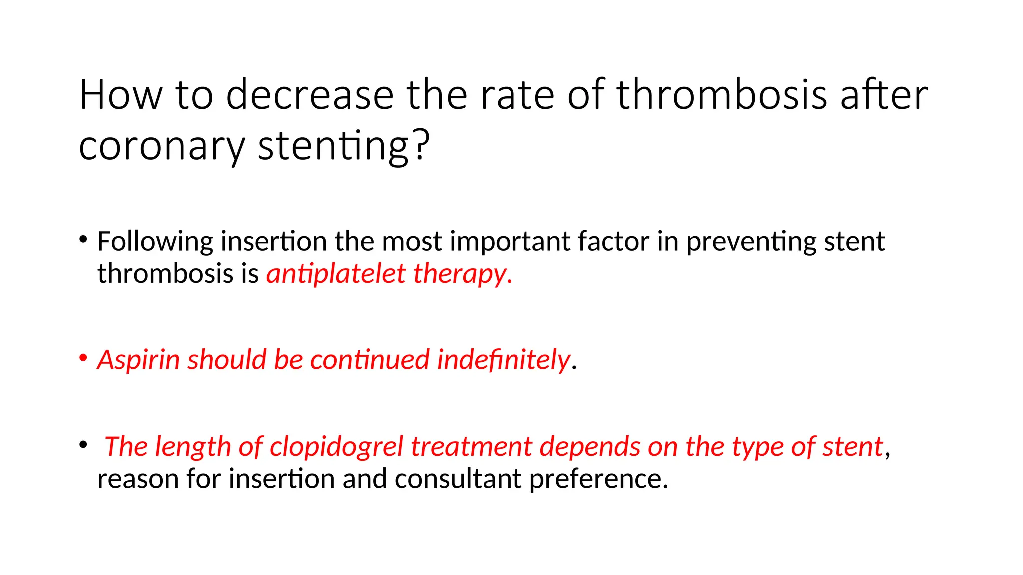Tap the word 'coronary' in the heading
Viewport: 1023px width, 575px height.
[162, 146]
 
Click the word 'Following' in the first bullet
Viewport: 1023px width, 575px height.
[155, 242]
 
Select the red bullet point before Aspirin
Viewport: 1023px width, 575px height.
[83, 358]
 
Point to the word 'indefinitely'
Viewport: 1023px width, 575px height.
[503, 360]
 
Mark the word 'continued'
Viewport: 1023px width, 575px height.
[369, 360]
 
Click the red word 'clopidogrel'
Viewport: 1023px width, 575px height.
[336, 447]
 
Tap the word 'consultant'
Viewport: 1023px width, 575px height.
[458, 479]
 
